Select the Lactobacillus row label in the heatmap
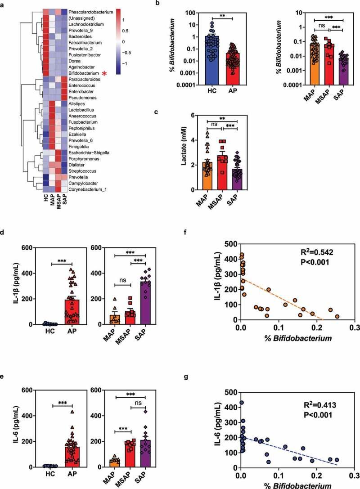point(83,109)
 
